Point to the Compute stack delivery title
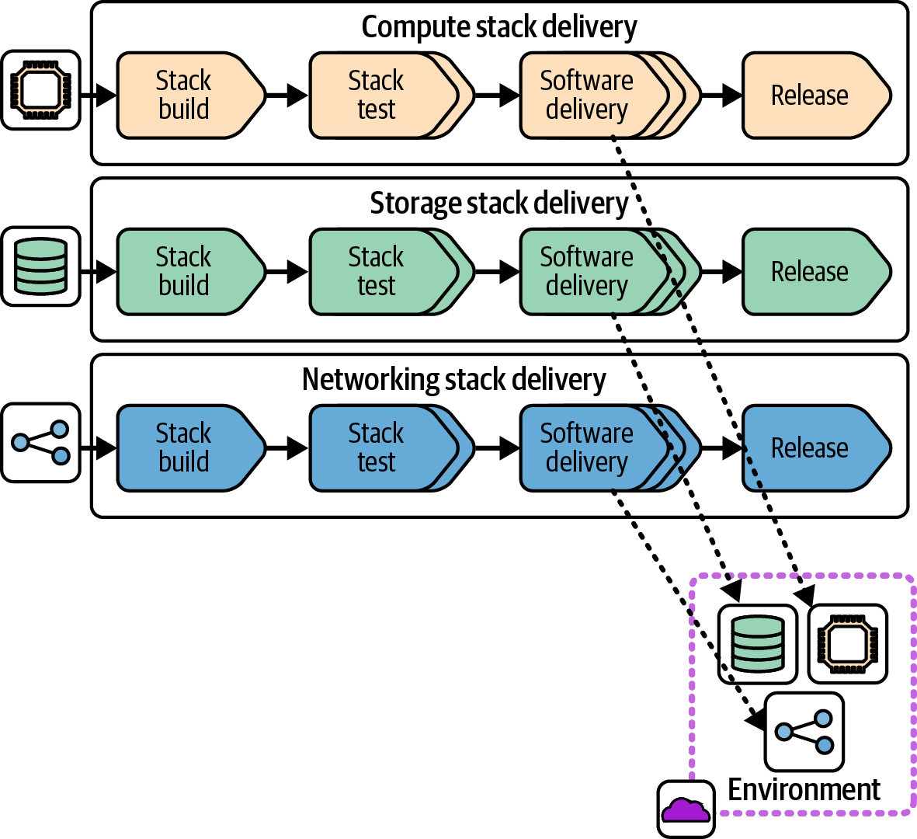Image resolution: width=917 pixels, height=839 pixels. (x=499, y=27)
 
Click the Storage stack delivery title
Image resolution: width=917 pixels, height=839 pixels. (x=499, y=204)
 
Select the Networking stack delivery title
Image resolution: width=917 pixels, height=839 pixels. (x=454, y=380)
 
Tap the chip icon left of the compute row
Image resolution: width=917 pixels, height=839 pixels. (x=40, y=90)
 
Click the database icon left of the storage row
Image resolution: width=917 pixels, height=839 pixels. (x=40, y=266)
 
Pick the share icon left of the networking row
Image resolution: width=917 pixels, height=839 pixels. (x=40, y=442)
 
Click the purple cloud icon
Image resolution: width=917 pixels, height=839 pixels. (x=686, y=809)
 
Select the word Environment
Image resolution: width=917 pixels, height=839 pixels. (x=804, y=790)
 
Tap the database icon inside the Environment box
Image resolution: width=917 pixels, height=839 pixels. (x=758, y=644)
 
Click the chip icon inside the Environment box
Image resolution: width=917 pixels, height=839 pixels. (x=848, y=644)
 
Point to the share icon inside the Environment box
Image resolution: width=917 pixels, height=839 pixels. (x=804, y=732)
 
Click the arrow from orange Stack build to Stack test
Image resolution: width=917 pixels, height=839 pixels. (x=287, y=96)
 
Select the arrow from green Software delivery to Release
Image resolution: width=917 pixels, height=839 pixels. (x=722, y=272)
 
